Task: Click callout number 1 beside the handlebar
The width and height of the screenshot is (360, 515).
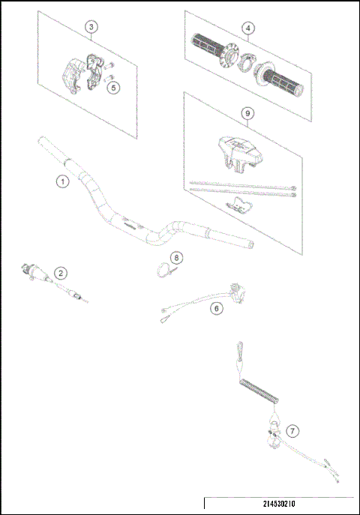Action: [x=62, y=181]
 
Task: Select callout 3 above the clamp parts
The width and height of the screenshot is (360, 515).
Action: [x=91, y=27]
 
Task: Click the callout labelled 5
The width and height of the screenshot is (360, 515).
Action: [x=113, y=87]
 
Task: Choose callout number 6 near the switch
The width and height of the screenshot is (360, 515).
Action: [x=217, y=308]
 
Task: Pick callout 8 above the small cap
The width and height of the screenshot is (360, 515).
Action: [x=176, y=257]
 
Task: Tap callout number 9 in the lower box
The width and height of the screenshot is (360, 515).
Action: [x=247, y=113]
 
